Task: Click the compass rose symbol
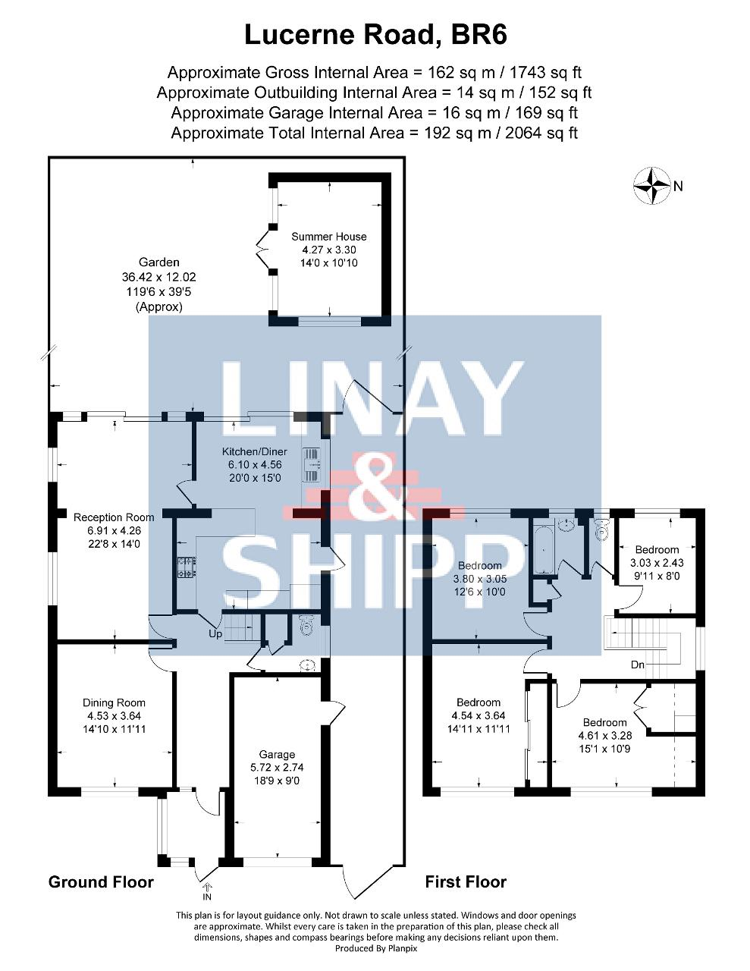click(652, 186)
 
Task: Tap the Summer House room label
click(329, 237)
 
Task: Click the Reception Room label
click(114, 517)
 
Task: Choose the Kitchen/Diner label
click(255, 452)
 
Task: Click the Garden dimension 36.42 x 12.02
click(159, 277)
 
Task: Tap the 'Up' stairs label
click(215, 634)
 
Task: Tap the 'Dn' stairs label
click(638, 665)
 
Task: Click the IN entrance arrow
click(207, 887)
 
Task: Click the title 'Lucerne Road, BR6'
click(375, 36)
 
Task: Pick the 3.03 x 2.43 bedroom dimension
click(657, 563)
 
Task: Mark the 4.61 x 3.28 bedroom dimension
click(605, 735)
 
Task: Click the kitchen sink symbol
click(312, 465)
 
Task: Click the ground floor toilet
click(306, 626)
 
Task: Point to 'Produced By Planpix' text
click(375, 947)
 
